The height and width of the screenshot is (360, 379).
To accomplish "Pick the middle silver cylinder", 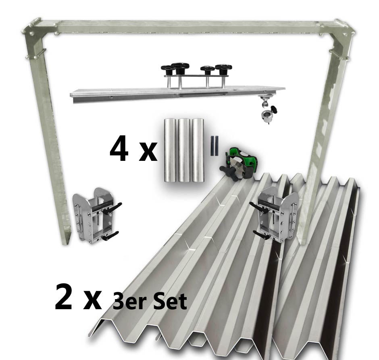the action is (x=184, y=150).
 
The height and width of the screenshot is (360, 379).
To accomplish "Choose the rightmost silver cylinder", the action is (x=198, y=150).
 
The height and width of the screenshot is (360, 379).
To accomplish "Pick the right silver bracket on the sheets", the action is (x=275, y=214).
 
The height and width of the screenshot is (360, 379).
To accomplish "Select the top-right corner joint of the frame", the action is (x=338, y=28).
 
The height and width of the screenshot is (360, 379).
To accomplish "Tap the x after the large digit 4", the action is (x=148, y=153).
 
